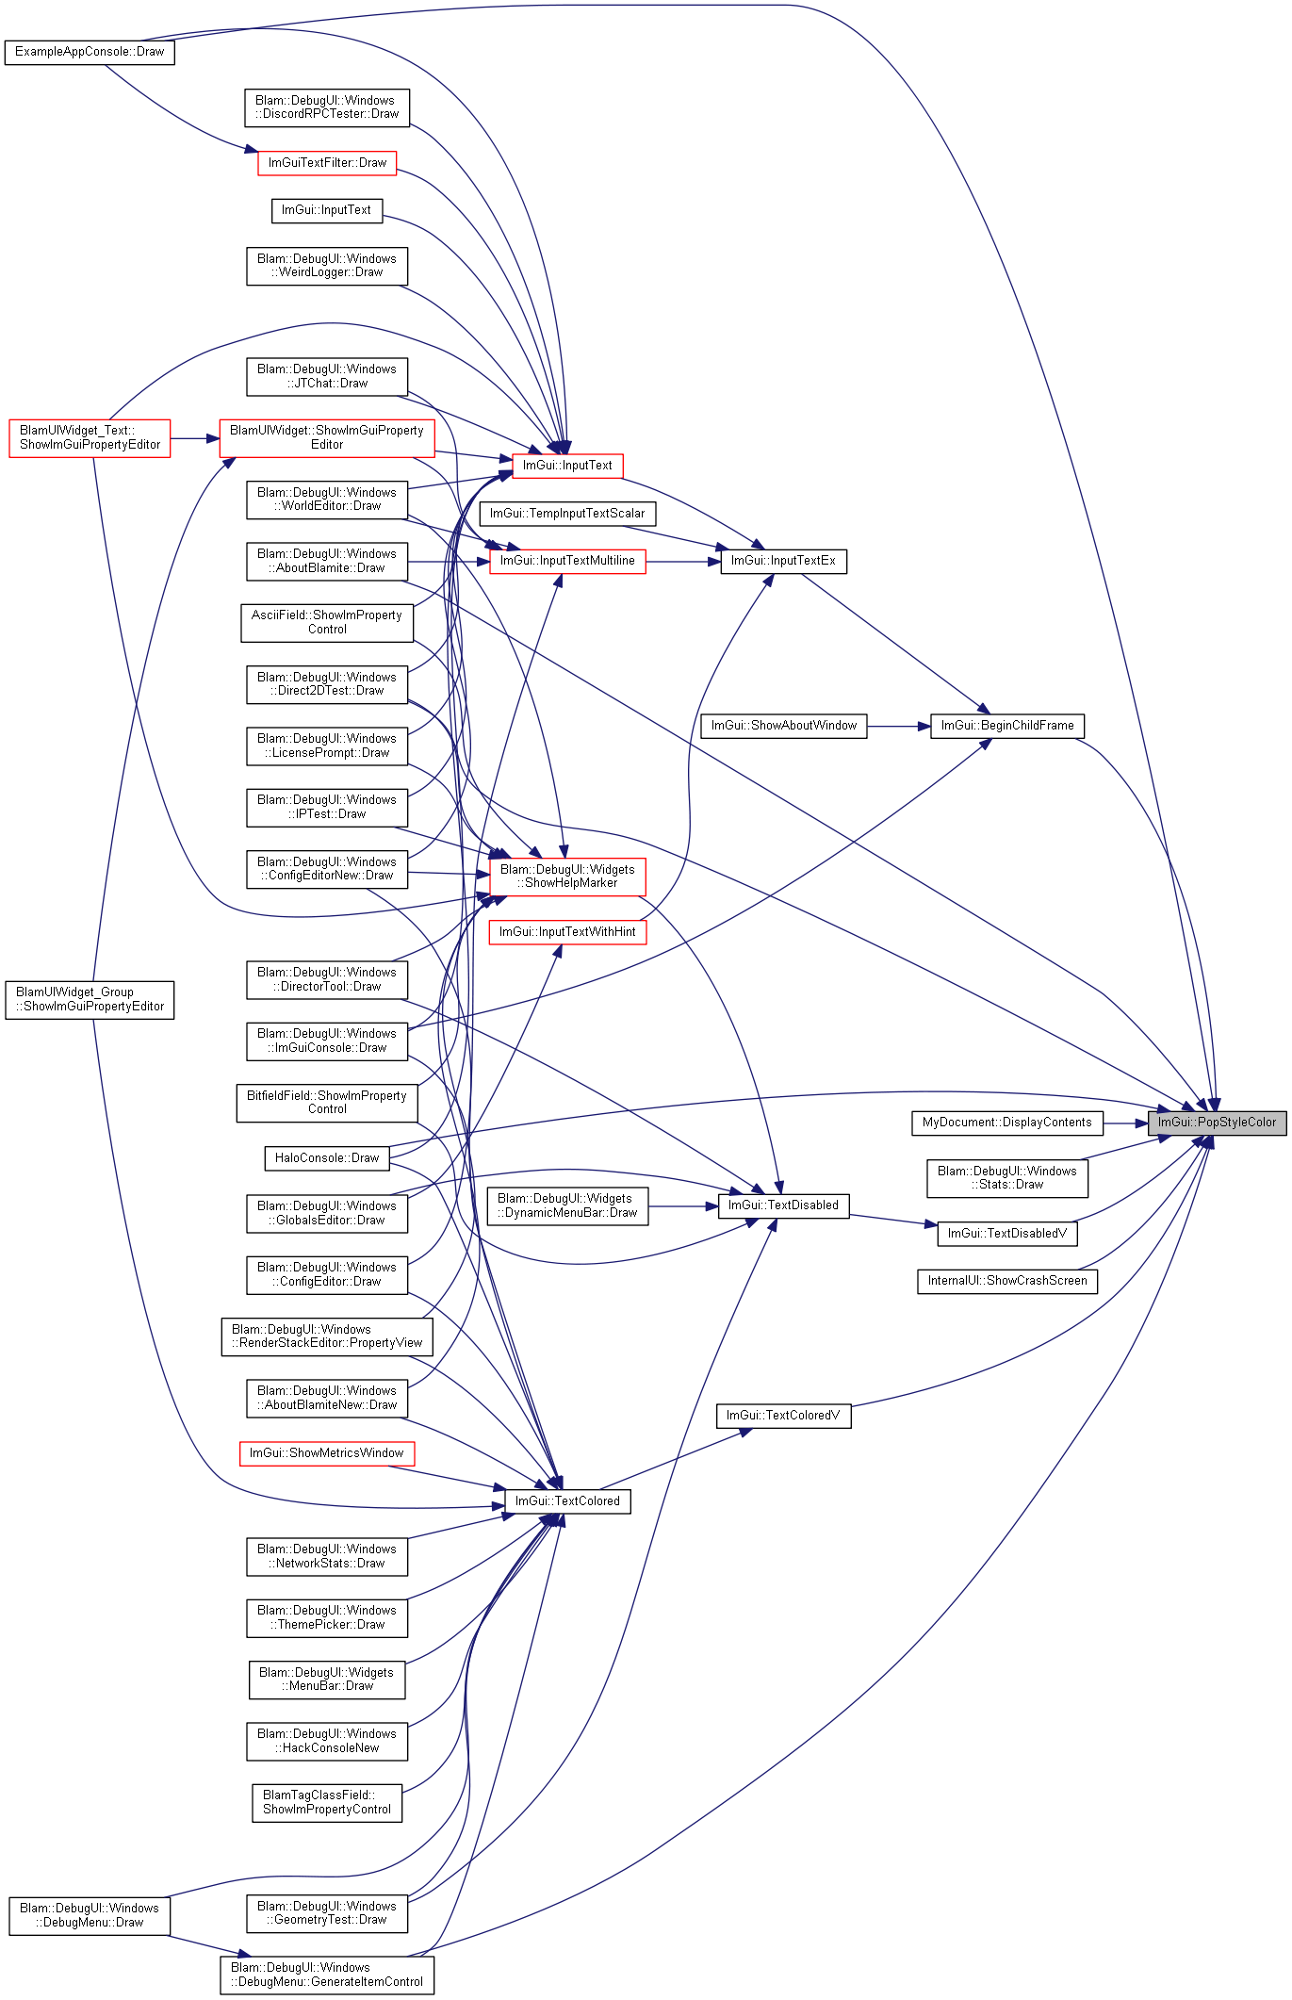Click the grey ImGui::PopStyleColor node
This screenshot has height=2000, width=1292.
pyautogui.click(x=1217, y=1123)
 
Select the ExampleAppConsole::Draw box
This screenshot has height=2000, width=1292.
pyautogui.click(x=90, y=52)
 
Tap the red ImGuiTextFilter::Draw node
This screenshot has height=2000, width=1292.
pyautogui.click(x=327, y=163)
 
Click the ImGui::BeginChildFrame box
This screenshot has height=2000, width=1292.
pyautogui.click(x=1007, y=726)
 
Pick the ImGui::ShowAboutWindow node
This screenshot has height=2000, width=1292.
pyautogui.click(x=784, y=726)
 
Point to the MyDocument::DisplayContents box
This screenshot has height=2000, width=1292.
pyautogui.click(x=1006, y=1123)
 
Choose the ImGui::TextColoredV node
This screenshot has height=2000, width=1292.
pyautogui.click(x=783, y=1416)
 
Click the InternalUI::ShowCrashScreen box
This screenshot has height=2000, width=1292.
pyautogui.click(x=1007, y=1281)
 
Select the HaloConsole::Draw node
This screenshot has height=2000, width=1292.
pyautogui.click(x=327, y=1158)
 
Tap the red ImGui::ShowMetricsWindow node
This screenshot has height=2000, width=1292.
pyautogui.click(x=327, y=1453)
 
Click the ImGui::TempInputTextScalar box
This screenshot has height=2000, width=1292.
pyautogui.click(x=567, y=514)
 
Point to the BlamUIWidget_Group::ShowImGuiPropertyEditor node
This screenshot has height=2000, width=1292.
pyautogui.click(x=90, y=999)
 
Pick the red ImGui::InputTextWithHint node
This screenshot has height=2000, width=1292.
pyautogui.click(x=567, y=932)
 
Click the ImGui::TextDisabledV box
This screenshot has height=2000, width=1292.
pyautogui.click(x=1007, y=1234)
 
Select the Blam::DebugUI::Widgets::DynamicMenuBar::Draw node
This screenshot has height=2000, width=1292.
pyautogui.click(x=567, y=1205)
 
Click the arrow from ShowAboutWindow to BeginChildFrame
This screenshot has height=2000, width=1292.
pyautogui.click(x=899, y=726)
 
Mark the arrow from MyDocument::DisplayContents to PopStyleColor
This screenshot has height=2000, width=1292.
pyautogui.click(x=1125, y=1123)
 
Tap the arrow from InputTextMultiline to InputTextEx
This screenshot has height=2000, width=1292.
pyautogui.click(x=683, y=562)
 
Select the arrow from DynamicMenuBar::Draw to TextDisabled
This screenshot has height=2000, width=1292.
pyautogui.click(x=683, y=1206)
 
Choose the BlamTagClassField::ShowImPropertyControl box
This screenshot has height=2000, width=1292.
pyautogui.click(x=327, y=1802)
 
